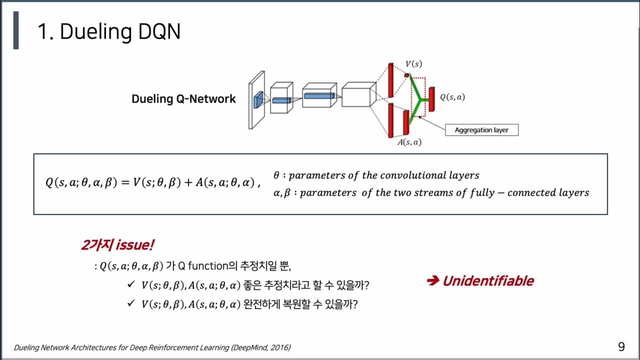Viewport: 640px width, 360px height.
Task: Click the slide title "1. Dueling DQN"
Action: [x=108, y=32]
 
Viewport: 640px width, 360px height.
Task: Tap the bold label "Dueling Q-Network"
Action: [x=183, y=99]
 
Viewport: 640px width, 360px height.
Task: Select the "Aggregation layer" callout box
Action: [x=481, y=130]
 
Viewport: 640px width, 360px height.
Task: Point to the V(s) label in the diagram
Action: [x=413, y=64]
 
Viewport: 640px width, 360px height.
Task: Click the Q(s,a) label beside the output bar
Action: [x=452, y=97]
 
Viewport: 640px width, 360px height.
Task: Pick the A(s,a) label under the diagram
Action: [x=409, y=142]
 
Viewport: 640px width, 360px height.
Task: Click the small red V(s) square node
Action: [x=406, y=75]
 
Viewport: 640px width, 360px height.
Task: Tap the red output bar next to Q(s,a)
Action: [x=431, y=99]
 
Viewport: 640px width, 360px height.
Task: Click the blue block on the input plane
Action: [x=257, y=99]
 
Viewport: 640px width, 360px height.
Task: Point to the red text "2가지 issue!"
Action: [x=117, y=245]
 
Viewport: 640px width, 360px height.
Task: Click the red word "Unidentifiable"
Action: [x=487, y=281]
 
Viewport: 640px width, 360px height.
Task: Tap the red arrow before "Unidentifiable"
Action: [x=432, y=281]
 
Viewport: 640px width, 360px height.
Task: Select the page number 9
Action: [x=621, y=346]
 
